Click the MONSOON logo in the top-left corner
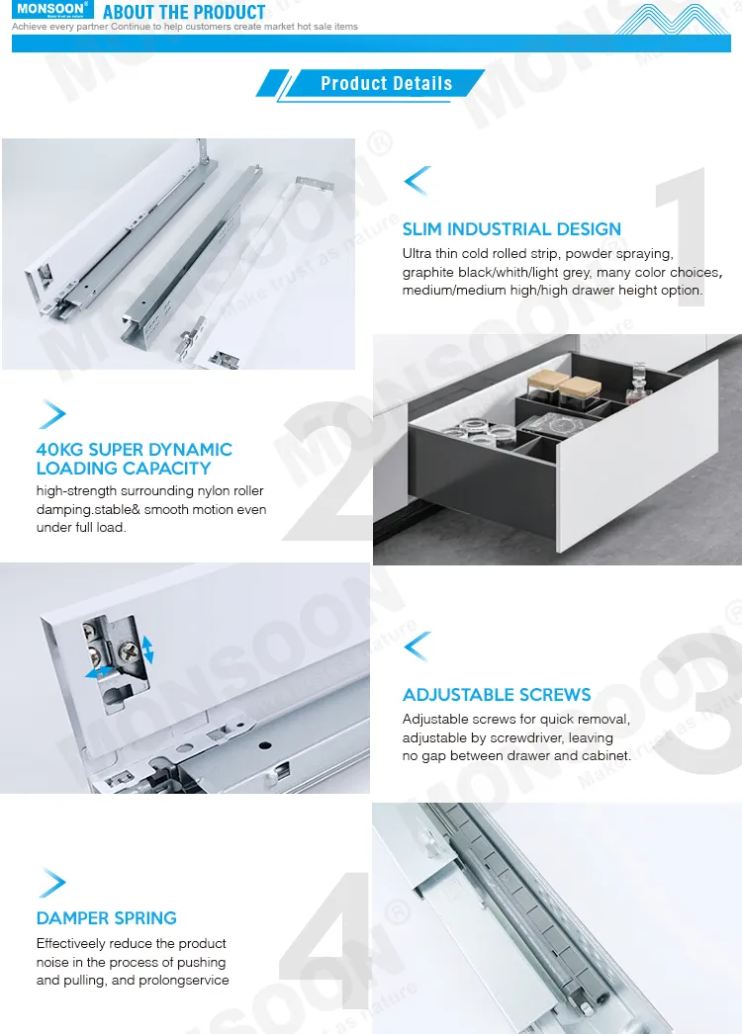coord(51,11)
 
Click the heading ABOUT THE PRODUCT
coord(184,13)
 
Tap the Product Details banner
coord(386,84)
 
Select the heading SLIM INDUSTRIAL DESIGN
coord(511,229)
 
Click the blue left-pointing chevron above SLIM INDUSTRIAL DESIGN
coord(417,181)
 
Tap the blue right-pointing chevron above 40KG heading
coord(52,414)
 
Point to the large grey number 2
coord(326,474)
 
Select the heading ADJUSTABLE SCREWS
coord(497,695)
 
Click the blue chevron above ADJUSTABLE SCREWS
coord(417,646)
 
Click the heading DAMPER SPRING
coord(107,918)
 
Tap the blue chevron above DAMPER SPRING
coord(52,882)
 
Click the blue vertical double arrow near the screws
coord(147,649)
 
